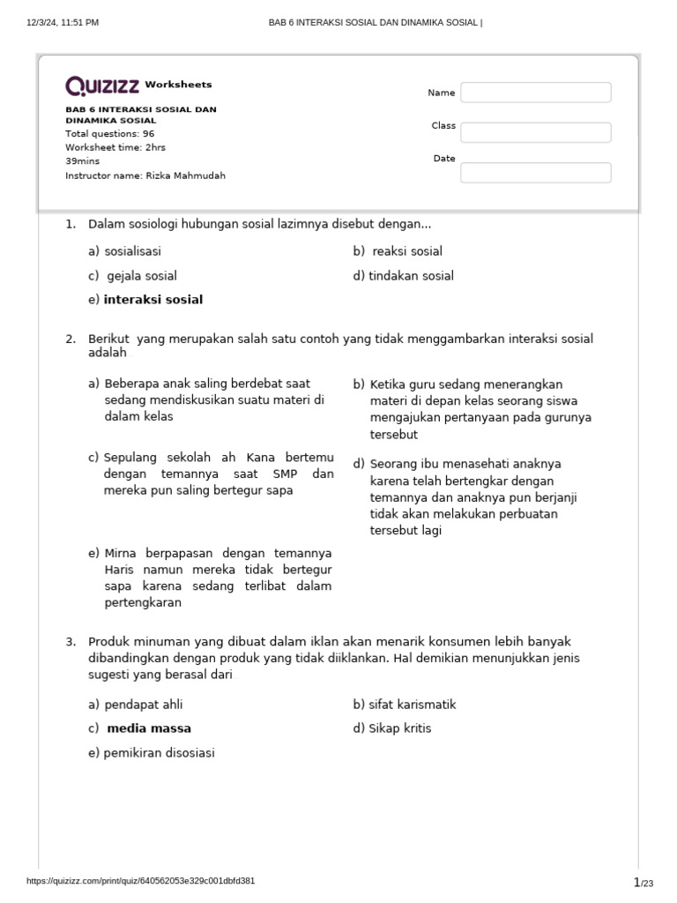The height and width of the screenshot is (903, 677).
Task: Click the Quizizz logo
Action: click(102, 86)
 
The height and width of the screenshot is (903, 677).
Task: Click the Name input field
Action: click(535, 93)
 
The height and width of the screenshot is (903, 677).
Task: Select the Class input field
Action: click(535, 132)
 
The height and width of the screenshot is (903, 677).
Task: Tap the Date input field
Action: click(535, 173)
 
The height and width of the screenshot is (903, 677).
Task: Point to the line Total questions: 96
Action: click(109, 134)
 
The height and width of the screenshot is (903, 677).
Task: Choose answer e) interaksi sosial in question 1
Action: click(153, 300)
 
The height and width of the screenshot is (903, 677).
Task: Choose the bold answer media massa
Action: click(148, 728)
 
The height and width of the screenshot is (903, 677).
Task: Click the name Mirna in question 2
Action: click(122, 553)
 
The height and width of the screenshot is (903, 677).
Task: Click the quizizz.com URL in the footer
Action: click(141, 881)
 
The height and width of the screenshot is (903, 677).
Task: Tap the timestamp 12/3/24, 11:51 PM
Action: click(63, 22)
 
